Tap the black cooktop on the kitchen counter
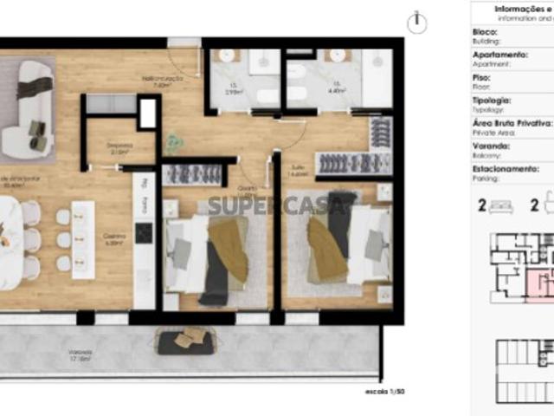pyautogui.click(x=144, y=233)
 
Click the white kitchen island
pyautogui.click(x=83, y=239)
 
